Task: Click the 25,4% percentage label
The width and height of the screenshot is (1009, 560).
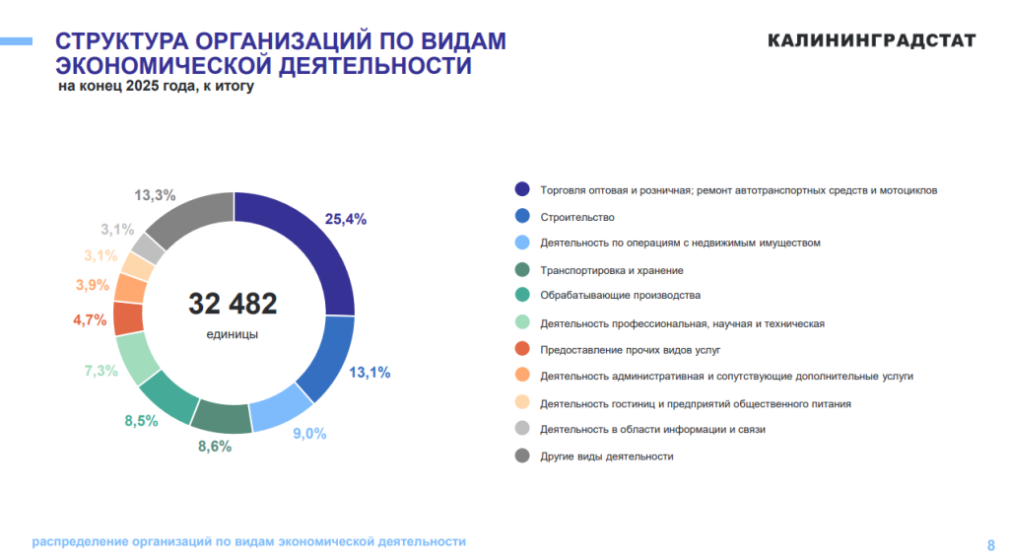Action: click(x=346, y=219)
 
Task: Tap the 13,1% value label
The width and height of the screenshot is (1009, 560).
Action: click(x=370, y=372)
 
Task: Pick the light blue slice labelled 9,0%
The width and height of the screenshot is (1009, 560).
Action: click(x=282, y=405)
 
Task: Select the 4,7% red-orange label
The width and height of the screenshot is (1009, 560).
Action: click(x=90, y=319)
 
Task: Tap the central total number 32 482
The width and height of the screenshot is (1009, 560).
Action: click(x=233, y=304)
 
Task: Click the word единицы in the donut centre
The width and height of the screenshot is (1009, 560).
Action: click(x=233, y=334)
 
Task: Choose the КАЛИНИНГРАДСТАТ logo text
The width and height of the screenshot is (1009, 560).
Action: click(x=871, y=40)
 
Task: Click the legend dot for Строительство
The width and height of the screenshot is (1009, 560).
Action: click(x=522, y=216)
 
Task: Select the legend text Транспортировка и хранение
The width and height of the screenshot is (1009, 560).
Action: click(x=612, y=270)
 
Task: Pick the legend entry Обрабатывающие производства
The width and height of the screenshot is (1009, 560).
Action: click(x=620, y=295)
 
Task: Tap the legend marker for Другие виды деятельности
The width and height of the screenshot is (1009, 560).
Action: click(x=522, y=455)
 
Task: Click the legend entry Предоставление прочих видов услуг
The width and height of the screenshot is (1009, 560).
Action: click(x=631, y=349)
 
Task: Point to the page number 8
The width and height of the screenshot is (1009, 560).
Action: click(x=990, y=543)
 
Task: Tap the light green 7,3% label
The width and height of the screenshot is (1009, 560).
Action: click(x=101, y=371)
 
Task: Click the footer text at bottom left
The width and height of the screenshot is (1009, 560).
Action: click(x=248, y=541)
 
